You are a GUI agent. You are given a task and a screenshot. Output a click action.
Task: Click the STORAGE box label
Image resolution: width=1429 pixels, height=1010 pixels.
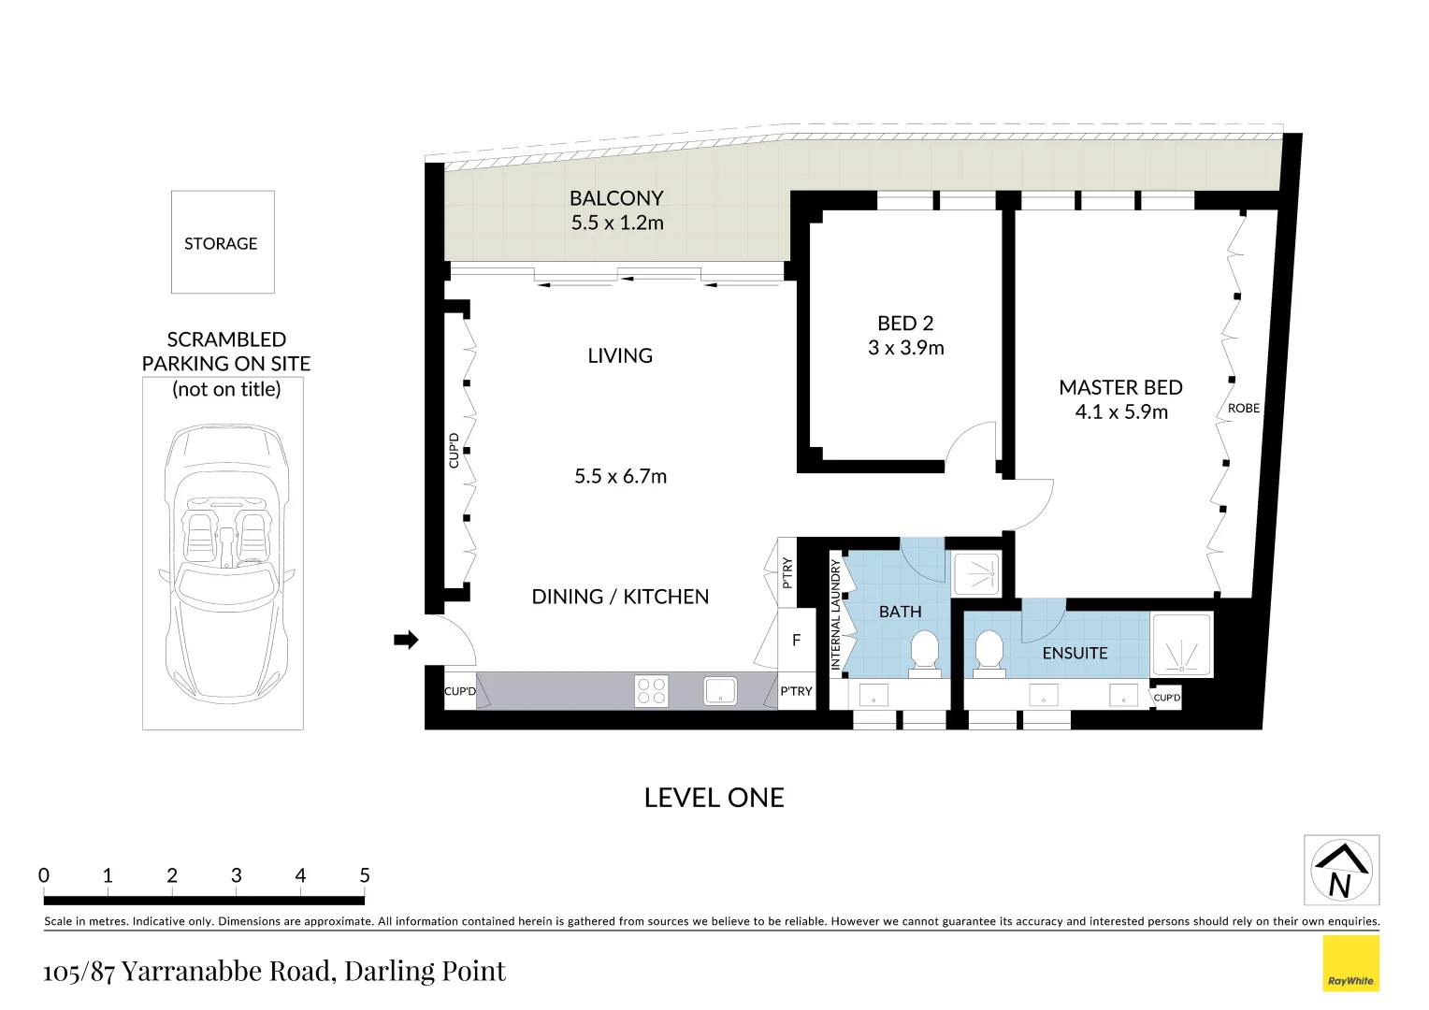coord(221,244)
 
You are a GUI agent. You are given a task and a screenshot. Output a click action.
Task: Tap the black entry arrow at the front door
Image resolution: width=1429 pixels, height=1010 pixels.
coord(406,640)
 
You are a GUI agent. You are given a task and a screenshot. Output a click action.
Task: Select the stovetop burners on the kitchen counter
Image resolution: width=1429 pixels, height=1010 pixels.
coord(651,691)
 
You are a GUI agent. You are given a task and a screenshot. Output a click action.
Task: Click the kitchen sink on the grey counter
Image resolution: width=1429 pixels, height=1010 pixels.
coord(720,690)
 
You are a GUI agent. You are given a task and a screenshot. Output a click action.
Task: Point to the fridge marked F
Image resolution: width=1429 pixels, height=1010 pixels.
coord(797,640)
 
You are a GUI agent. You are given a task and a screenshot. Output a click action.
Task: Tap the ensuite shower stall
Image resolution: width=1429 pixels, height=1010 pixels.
coord(1181,644)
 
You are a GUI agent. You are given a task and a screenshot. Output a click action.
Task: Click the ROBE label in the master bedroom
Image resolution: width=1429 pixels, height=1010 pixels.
coord(1244,409)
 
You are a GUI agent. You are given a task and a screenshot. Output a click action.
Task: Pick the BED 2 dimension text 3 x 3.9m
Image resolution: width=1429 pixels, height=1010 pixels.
coord(906,348)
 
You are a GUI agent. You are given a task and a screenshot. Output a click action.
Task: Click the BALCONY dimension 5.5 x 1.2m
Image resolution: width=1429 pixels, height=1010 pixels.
coord(617,223)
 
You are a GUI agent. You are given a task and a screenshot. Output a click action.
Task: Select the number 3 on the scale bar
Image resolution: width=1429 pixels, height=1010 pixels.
coord(236,875)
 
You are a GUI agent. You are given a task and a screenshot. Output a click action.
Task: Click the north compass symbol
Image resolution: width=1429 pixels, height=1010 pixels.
coord(1341,870)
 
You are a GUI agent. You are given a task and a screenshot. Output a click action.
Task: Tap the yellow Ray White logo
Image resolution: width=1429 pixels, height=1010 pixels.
coord(1351,963)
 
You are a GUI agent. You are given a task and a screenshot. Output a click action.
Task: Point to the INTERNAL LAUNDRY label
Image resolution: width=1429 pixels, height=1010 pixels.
coord(836,613)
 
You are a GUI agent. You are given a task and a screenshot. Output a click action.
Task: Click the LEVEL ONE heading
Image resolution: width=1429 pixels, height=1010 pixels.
coord(714,798)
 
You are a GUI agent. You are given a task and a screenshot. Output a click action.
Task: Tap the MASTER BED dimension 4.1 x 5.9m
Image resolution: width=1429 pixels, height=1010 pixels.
coord(1121,412)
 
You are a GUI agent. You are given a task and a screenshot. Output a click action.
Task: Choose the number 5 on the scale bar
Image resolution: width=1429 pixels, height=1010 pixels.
coord(365,875)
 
